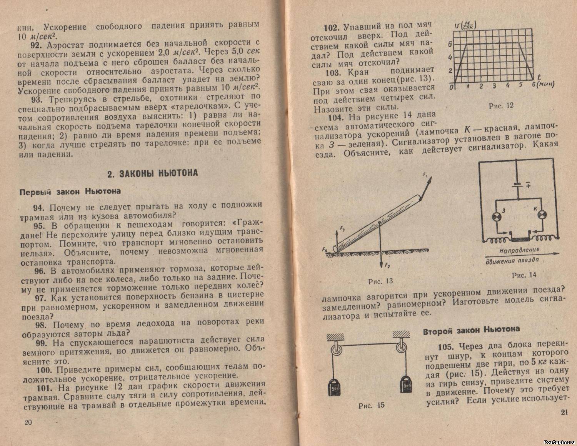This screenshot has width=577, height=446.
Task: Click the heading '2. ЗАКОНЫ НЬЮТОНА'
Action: (x=153, y=173)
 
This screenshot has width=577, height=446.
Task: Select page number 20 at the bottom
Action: (x=28, y=422)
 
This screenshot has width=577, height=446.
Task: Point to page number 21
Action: (x=564, y=413)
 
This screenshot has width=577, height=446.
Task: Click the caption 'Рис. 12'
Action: (x=501, y=105)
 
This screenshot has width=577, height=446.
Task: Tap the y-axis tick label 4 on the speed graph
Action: (x=450, y=58)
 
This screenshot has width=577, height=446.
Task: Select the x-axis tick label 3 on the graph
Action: (x=494, y=86)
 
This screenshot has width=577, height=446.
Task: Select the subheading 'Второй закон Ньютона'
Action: (x=471, y=330)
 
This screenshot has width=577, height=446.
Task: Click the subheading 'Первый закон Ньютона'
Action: (x=70, y=191)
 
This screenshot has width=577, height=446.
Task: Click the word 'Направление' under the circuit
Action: (x=519, y=250)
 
